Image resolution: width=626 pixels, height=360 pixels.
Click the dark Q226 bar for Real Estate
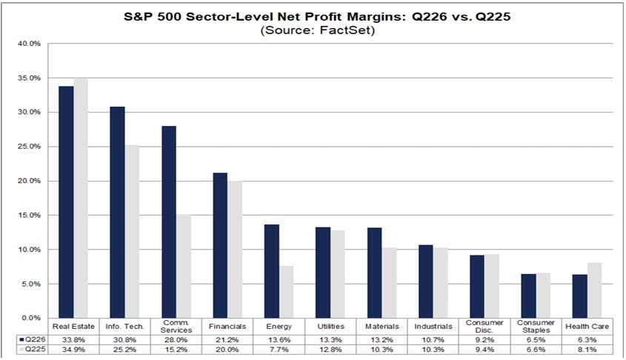coord(66,202)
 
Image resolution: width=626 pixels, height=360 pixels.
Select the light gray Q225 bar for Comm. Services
coord(184,266)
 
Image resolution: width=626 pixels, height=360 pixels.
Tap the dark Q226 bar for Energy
coord(271,271)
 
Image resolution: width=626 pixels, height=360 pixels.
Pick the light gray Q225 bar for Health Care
coord(594,290)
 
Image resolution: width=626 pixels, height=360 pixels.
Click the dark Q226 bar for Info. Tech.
coord(117,213)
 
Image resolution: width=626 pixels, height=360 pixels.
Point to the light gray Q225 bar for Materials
coord(389,283)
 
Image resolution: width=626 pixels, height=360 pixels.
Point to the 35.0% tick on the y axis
coord(29,78)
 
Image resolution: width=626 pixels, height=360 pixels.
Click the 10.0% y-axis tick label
coord(29,250)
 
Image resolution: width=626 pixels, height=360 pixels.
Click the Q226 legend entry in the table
coord(33,340)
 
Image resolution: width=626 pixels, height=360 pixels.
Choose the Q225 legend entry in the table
coord(33,349)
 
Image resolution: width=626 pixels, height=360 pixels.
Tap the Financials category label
coord(227,327)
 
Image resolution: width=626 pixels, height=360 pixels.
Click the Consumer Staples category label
coord(536,327)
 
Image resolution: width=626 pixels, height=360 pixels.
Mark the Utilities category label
coord(330,327)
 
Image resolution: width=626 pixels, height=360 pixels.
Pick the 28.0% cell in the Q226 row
coord(176,340)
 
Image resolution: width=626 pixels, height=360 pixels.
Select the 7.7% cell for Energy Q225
coord(279,350)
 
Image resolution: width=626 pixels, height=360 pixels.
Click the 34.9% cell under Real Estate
coord(73,350)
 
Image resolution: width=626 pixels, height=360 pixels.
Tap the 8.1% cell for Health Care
coord(587,350)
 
